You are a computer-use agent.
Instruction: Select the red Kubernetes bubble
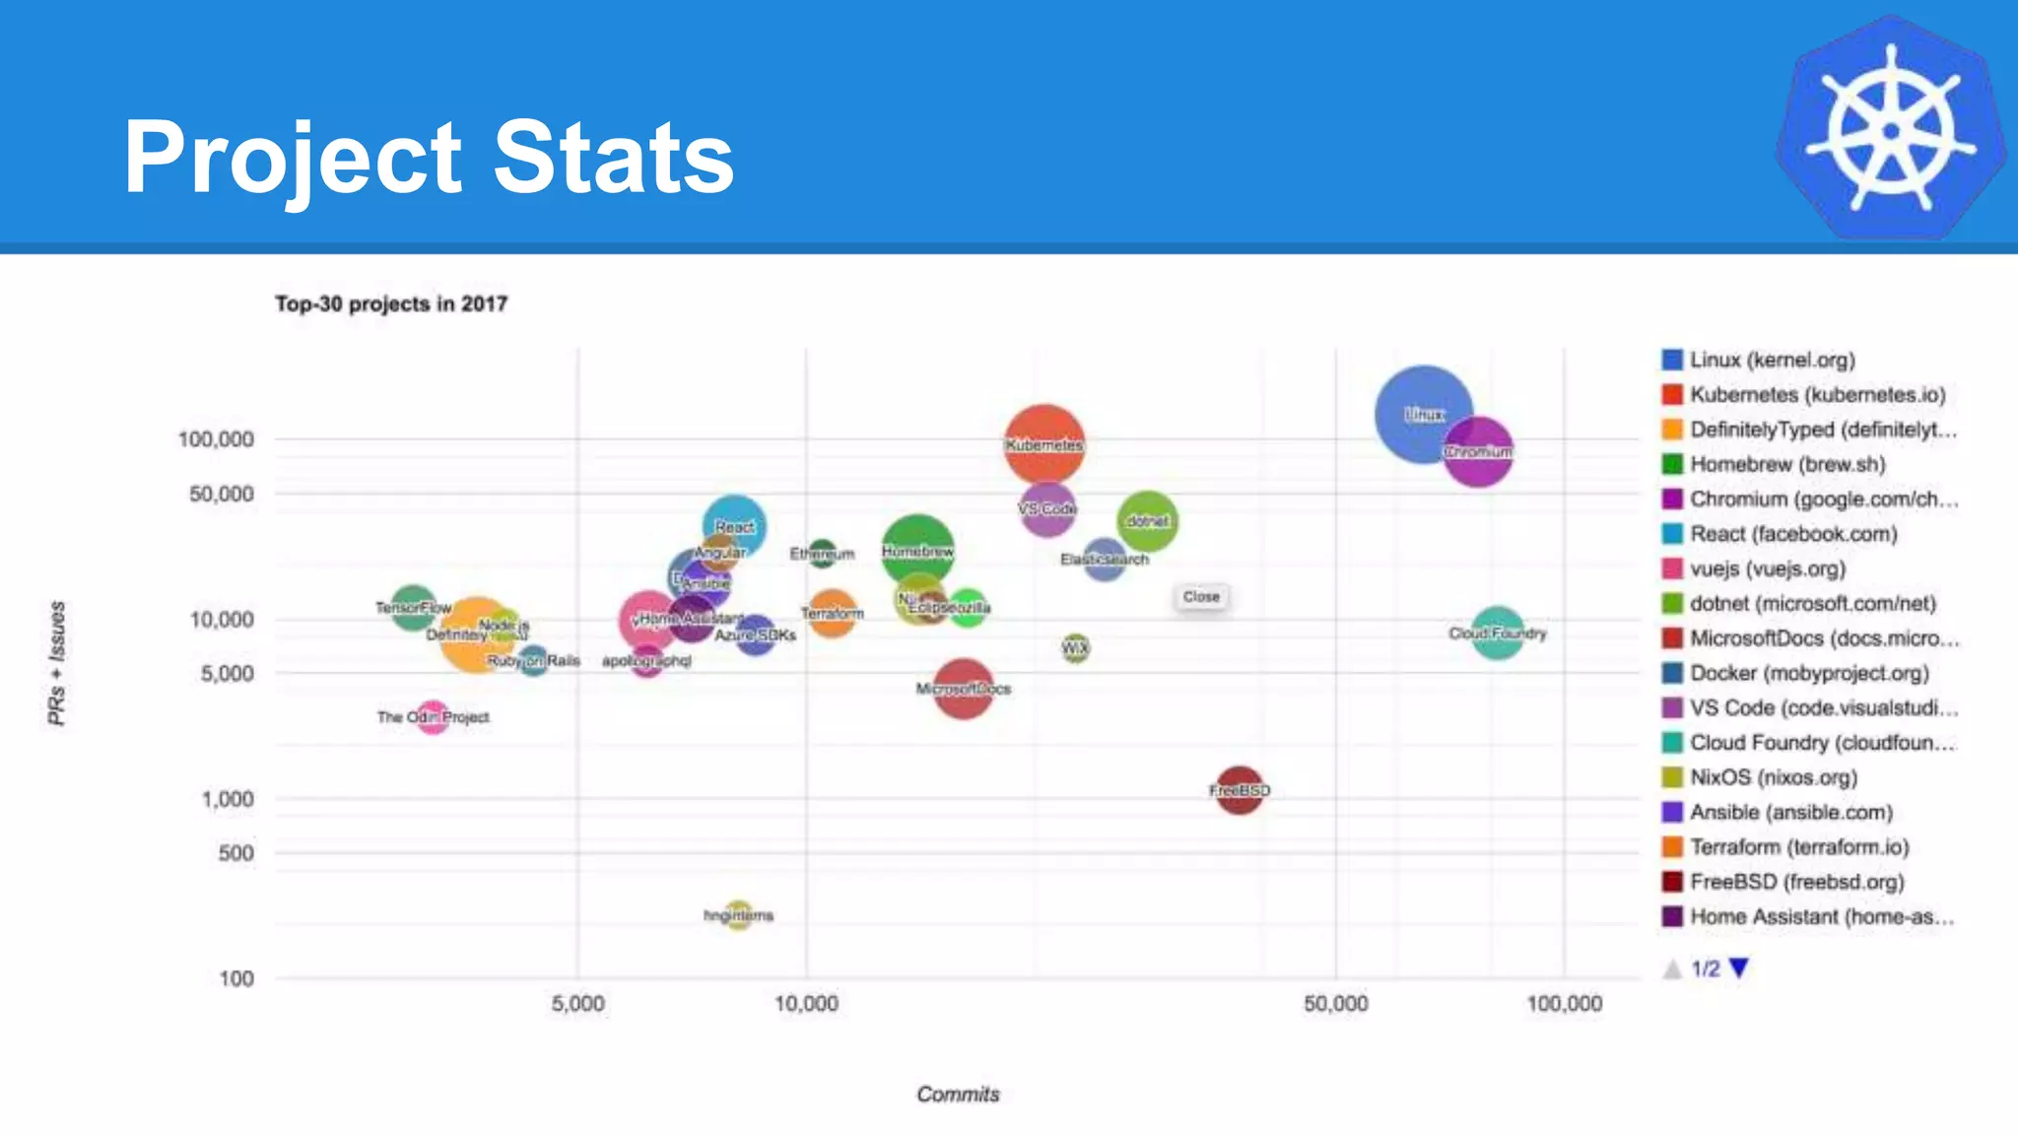point(1043,444)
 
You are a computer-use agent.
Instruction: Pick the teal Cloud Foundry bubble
point(1497,634)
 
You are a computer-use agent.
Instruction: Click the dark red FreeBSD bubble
point(1240,790)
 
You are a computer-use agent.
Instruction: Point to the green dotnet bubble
point(1147,520)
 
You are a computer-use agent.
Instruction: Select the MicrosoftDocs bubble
point(963,689)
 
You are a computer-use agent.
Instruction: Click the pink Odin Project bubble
point(433,717)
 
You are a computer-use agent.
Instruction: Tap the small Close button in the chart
point(1200,597)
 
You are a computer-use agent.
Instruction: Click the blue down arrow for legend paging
point(1739,968)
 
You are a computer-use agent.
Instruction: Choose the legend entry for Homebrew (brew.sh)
point(1786,464)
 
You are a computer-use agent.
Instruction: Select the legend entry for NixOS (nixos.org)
point(1773,777)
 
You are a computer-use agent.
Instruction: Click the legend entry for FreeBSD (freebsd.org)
point(1796,882)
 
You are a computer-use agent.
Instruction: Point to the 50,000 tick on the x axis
point(1335,1004)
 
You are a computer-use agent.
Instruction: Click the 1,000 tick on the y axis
point(228,799)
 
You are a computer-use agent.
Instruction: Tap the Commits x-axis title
point(958,1095)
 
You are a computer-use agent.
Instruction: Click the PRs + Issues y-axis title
point(57,663)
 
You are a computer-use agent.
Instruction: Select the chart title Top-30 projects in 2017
point(391,303)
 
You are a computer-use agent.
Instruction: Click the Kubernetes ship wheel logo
point(1890,128)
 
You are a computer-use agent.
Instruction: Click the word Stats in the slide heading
point(613,157)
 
